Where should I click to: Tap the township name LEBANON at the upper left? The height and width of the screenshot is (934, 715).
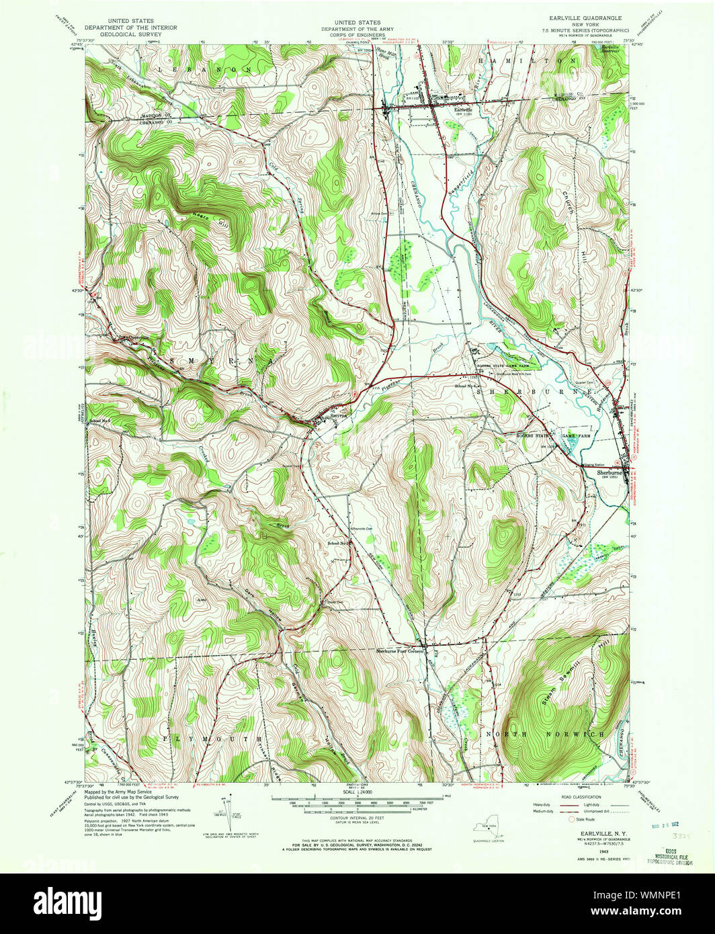(204, 69)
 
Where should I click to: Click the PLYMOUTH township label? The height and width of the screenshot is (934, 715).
(211, 738)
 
